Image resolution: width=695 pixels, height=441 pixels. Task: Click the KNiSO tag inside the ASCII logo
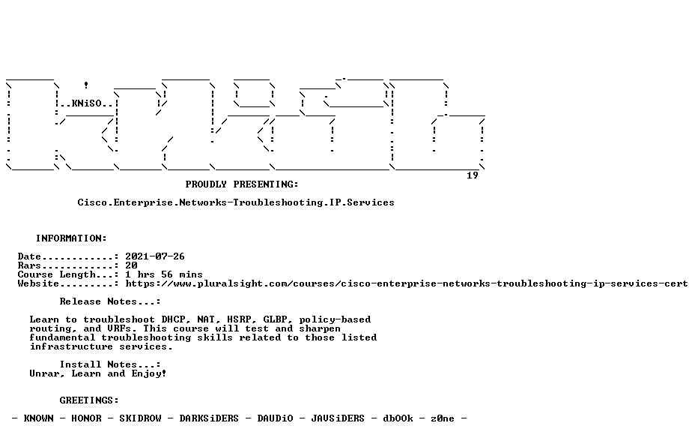(x=86, y=103)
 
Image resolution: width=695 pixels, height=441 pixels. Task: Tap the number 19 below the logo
(x=473, y=175)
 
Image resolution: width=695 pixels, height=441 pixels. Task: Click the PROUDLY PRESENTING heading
(x=242, y=184)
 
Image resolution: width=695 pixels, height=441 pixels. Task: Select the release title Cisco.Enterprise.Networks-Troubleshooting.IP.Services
(x=236, y=202)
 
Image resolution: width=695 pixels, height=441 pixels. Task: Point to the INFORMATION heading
(x=71, y=238)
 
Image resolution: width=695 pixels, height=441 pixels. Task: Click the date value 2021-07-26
(x=155, y=256)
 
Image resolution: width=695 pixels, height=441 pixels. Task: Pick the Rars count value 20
(x=131, y=265)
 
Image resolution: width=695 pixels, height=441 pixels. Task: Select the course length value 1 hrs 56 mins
(x=164, y=274)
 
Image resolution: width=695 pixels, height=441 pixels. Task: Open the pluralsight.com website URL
(x=407, y=283)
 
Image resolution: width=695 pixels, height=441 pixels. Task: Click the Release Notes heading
(x=110, y=301)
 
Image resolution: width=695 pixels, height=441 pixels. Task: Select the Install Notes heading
(x=110, y=364)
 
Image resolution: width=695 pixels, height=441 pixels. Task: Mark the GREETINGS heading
(x=89, y=400)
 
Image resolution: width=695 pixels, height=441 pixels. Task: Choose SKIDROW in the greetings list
(x=140, y=418)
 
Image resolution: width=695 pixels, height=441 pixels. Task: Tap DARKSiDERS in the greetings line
(x=209, y=418)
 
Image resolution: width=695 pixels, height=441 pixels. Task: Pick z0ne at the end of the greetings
(x=443, y=418)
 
